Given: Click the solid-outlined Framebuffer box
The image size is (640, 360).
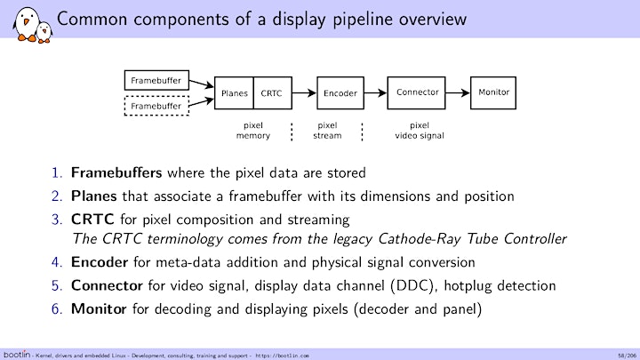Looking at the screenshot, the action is point(156,80).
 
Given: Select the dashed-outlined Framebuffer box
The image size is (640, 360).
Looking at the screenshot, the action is point(156,106).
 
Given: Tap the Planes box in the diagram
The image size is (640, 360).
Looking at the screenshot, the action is point(234,93).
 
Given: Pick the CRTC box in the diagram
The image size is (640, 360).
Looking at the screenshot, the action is point(273,93).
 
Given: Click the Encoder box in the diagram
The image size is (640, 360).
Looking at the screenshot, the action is point(340,93).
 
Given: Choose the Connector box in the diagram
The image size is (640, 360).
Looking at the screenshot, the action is point(416,93).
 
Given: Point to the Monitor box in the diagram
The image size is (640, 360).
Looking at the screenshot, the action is point(493,93).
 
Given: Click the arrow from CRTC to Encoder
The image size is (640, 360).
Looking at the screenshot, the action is point(305,93).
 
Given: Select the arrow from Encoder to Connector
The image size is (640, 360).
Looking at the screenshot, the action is point(375,93).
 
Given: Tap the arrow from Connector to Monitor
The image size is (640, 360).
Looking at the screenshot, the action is point(458,93).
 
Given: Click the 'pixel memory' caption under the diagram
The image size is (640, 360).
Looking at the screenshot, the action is point(253,131).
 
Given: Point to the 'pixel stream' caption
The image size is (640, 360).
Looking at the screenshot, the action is point(327,131).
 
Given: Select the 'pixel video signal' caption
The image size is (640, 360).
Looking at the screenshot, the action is point(420,131).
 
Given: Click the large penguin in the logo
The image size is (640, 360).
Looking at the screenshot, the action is point(27,24).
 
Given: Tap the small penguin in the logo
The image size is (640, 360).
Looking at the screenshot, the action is point(44,32).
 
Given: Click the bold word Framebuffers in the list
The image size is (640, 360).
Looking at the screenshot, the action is point(116,172).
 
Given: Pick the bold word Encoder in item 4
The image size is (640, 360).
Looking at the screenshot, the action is point(100,262).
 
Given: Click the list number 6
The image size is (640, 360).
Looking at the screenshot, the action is point(57,309).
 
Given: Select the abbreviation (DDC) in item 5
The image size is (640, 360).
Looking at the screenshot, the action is point(414,285).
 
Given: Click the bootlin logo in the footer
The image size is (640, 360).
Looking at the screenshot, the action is point(17,355).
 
